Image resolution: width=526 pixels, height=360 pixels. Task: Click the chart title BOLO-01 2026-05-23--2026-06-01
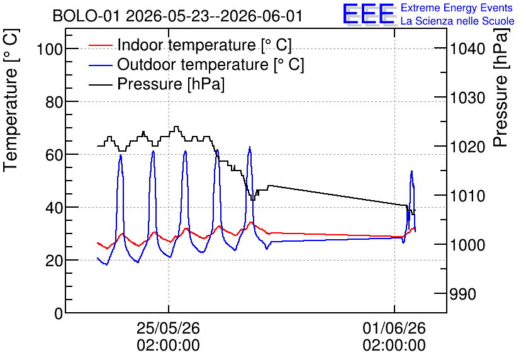tap(177, 16)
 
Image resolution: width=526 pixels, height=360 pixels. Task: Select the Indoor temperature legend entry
tap(190, 45)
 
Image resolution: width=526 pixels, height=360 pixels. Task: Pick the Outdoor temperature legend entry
tap(196, 64)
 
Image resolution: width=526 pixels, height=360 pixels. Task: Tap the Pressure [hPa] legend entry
tap(157, 84)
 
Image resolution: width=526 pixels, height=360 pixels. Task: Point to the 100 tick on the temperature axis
tap(50, 49)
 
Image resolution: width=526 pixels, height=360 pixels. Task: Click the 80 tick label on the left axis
tap(54, 102)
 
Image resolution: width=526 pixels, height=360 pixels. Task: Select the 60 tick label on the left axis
tap(54, 155)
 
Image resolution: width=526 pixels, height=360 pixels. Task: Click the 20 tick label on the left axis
tap(54, 261)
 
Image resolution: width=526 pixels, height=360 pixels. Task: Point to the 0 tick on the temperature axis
tap(59, 313)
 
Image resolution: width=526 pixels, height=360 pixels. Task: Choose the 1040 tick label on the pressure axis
tap(467, 49)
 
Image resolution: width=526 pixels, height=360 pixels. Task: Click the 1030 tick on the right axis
tap(467, 98)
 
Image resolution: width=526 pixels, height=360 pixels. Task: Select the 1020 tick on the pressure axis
tap(467, 147)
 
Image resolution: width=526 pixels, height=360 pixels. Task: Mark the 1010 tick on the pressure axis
tap(467, 196)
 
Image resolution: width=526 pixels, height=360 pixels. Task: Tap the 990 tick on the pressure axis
tap(463, 295)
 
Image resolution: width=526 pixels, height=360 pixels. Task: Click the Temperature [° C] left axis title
tap(11, 100)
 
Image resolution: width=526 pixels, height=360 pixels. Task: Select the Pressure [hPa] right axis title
tap(501, 87)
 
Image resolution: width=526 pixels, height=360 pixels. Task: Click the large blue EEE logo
tap(368, 14)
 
